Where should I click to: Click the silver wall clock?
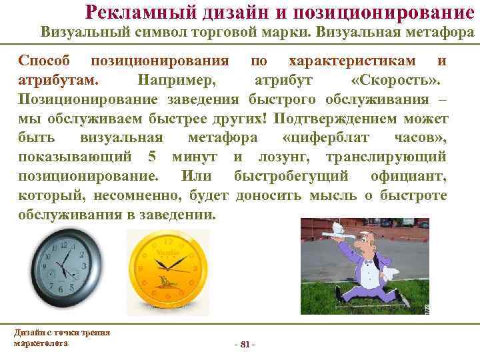coord(66,265)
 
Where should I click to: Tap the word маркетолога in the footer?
coord(40,343)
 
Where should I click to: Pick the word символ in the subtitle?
coord(154,32)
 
